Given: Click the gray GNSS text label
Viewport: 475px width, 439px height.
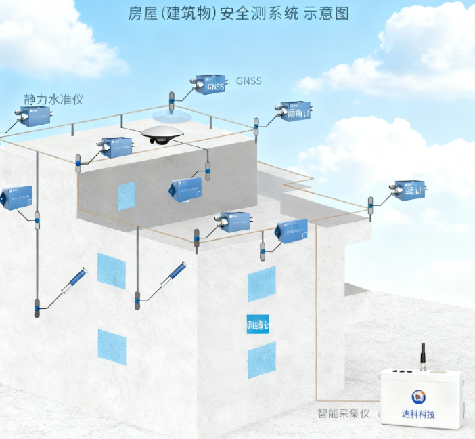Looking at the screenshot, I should click(x=248, y=81).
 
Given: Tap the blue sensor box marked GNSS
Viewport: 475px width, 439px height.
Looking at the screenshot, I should click(x=210, y=85).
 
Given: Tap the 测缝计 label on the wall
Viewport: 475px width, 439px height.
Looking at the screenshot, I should click(x=258, y=326).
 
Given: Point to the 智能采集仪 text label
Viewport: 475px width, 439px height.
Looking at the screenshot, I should click(x=343, y=413).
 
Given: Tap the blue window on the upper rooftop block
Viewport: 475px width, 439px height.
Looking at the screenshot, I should click(x=127, y=195).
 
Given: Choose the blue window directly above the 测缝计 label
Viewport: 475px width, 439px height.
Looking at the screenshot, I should click(x=261, y=284).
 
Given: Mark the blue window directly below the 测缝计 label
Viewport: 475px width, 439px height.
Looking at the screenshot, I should click(x=261, y=360).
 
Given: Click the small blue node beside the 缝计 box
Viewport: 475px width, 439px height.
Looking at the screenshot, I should click(x=370, y=205).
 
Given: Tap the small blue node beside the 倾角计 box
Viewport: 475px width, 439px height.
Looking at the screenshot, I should click(x=256, y=127).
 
